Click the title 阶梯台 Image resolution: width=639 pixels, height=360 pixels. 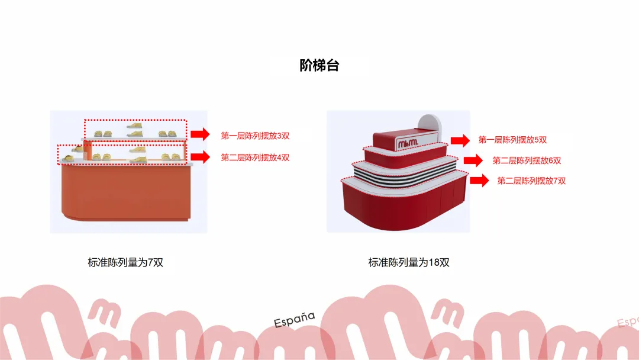[x=319, y=65]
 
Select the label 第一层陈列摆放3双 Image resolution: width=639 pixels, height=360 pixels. [x=255, y=136]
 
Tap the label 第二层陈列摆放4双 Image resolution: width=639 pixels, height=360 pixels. [x=255, y=157]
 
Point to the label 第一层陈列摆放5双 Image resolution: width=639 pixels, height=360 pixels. [x=512, y=140]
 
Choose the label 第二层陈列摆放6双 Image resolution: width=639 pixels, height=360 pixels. [x=527, y=160]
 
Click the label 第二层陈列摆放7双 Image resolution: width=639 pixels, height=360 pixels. [x=531, y=181]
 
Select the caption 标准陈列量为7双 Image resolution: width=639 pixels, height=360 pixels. [x=125, y=262]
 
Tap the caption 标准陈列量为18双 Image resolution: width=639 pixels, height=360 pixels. [x=409, y=262]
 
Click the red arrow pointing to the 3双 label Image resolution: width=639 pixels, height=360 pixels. [x=200, y=134]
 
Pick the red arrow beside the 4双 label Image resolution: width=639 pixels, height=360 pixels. [x=200, y=157]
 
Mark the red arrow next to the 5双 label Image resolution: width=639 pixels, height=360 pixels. [x=460, y=141]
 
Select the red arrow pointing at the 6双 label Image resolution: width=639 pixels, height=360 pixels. [x=473, y=160]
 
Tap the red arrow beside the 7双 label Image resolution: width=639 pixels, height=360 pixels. [x=479, y=180]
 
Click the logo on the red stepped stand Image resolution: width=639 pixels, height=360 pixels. [x=408, y=143]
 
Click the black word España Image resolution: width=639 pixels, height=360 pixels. [x=294, y=320]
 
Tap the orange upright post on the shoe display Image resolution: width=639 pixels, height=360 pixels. [x=87, y=150]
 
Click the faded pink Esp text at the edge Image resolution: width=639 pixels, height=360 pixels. [x=628, y=322]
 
